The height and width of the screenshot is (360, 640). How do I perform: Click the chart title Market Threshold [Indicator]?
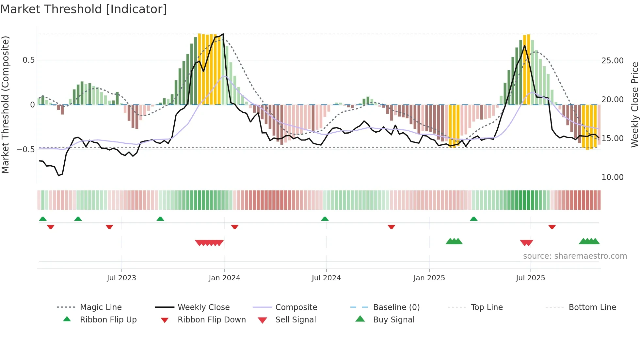(84, 9)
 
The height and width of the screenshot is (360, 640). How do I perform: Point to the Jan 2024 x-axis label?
(224, 278)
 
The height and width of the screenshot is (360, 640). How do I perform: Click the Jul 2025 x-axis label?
(530, 278)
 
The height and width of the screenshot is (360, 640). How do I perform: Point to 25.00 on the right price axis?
(612, 61)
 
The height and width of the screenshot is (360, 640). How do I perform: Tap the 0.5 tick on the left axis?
(29, 60)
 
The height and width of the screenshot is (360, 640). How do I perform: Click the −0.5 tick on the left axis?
(26, 150)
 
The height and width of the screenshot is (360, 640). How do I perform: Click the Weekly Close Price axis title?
(634, 105)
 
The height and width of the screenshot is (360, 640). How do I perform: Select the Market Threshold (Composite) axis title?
(5, 105)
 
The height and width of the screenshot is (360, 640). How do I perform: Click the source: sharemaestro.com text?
(575, 256)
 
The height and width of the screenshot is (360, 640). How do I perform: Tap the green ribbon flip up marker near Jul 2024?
(325, 219)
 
